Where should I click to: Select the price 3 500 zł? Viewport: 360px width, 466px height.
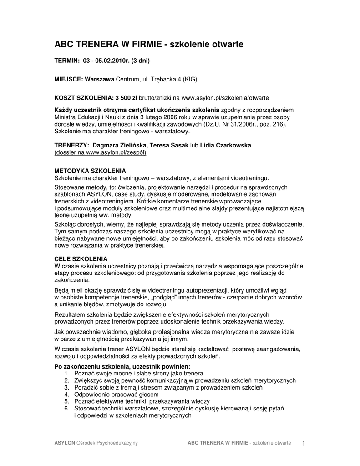coord(125,98)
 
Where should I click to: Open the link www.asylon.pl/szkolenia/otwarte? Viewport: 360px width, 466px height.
coord(225,98)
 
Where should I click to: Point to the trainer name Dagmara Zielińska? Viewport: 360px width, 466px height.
coord(116,145)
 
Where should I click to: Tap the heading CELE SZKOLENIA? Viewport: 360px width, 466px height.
coord(81,258)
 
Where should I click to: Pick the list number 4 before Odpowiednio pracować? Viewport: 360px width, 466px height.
coord(66,394)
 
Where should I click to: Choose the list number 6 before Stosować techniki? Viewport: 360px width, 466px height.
coord(66,408)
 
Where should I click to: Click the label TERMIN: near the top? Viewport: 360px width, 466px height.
coord(67,61)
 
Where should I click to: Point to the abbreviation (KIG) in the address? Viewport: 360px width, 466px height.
coord(190,79)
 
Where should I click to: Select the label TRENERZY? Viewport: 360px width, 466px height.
coord(71,145)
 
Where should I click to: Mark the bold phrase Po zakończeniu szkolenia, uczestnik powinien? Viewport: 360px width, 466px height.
coord(122,367)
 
